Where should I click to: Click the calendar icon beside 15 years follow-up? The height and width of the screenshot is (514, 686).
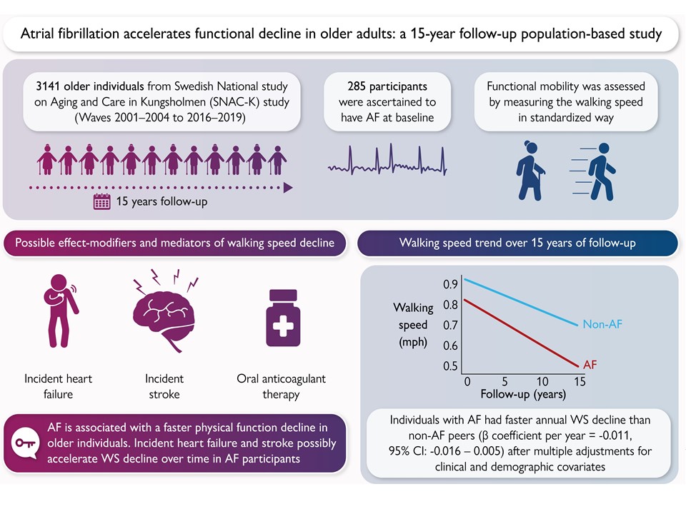(102, 201)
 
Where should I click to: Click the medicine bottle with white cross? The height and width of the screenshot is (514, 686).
(284, 321)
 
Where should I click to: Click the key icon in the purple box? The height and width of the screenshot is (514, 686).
(26, 443)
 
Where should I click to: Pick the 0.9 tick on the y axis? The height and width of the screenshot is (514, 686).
(450, 285)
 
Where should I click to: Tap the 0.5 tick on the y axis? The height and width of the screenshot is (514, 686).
(450, 366)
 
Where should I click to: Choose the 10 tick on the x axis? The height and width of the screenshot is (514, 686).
(542, 381)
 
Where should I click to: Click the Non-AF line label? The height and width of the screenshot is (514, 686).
(602, 325)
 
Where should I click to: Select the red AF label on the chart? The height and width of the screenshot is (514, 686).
(590, 365)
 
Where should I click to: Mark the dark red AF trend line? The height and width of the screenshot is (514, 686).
(522, 333)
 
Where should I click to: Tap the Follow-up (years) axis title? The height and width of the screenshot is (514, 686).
(523, 394)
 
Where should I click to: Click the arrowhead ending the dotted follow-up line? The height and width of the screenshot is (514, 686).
(288, 188)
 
